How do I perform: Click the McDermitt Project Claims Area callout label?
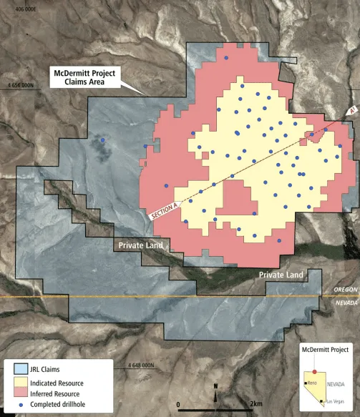point(84,77)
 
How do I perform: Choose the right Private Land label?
point(281,275)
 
